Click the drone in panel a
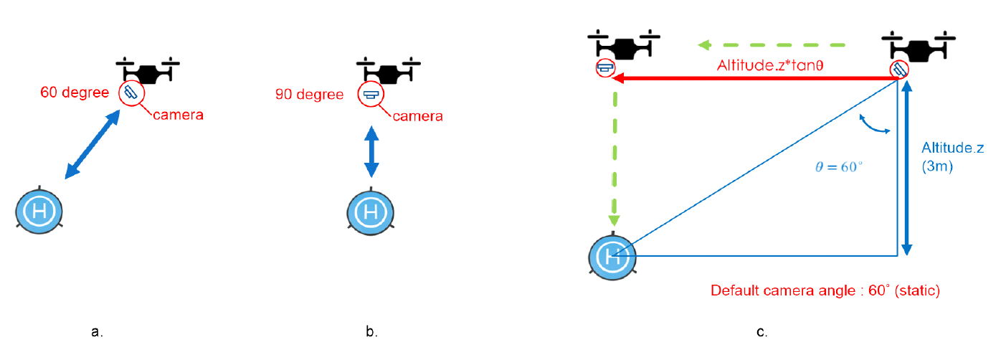tap(148, 70)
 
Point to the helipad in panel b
tap(371, 212)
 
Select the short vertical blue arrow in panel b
tap(371, 152)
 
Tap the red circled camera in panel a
tap(131, 93)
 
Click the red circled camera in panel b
tap(370, 95)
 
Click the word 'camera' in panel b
tap(417, 115)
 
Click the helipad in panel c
tap(612, 256)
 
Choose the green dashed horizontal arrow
tap(771, 46)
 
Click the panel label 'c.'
tap(762, 332)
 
